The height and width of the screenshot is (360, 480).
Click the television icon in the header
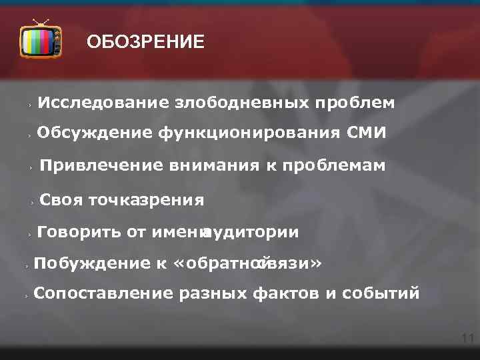tap(41, 41)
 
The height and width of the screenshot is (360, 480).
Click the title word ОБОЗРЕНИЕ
tap(145, 43)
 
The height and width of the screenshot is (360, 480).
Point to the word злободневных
tap(241, 103)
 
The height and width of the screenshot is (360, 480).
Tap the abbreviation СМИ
tap(366, 133)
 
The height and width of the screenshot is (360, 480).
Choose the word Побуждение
tap(93, 263)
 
